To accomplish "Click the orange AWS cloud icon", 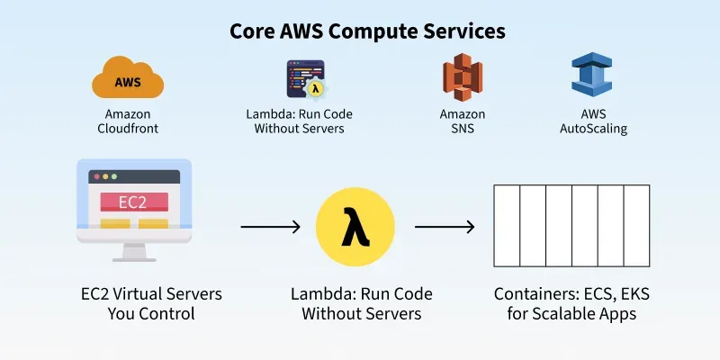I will point(128,79).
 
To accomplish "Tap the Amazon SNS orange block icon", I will point(462,77).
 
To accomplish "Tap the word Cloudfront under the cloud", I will point(128,129).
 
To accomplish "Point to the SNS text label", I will point(462,129).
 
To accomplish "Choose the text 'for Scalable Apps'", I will point(571,314).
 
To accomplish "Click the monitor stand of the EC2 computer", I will point(133,251).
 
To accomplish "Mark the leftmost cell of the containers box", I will point(507,227).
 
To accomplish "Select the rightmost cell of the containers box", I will point(636,227).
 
